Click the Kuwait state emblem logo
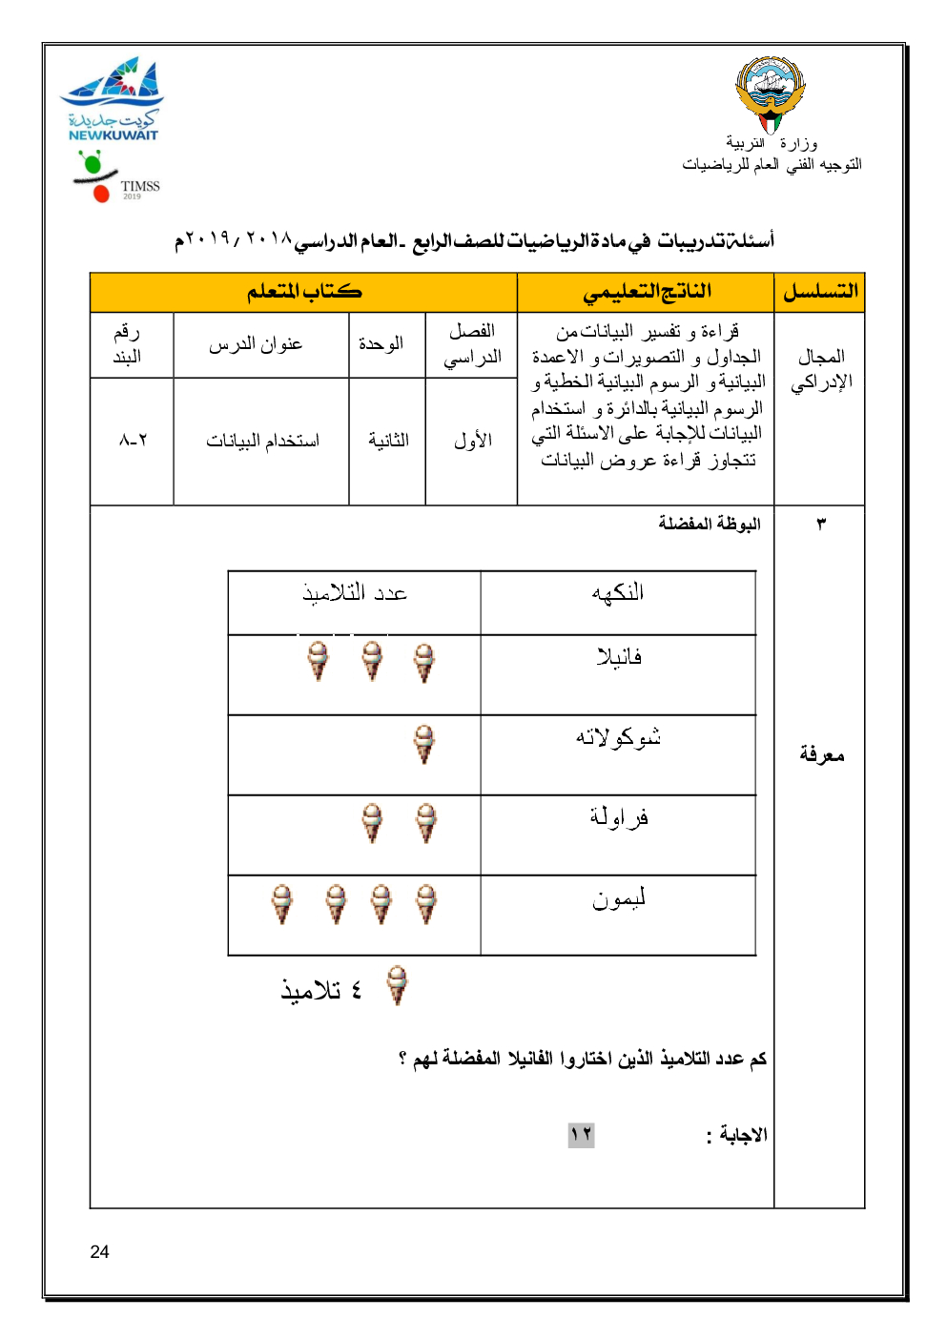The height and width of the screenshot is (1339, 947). tap(771, 93)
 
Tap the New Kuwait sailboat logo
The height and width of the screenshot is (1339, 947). tap(113, 98)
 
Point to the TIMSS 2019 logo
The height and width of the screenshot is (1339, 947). tap(116, 178)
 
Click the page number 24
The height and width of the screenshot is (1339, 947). tap(99, 1252)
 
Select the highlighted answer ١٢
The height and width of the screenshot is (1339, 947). tap(581, 1135)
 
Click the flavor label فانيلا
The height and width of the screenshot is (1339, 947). tap(619, 657)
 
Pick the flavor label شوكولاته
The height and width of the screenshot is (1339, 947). tap(618, 737)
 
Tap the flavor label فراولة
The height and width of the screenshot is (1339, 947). tap(619, 817)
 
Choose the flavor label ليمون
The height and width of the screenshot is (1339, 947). tap(619, 898)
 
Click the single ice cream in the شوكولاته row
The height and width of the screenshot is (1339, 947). tap(424, 744)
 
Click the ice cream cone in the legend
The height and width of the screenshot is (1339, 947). tap(398, 985)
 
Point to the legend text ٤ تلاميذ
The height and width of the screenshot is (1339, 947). tap(321, 991)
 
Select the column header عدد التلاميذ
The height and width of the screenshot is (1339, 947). tap(355, 593)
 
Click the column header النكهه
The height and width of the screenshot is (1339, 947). tap(618, 593)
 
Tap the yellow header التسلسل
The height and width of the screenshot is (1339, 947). tap(820, 292)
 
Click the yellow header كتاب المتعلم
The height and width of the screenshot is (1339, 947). tap(304, 292)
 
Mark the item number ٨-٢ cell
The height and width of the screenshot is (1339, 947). tap(133, 441)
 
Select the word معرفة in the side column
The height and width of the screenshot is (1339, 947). tap(821, 755)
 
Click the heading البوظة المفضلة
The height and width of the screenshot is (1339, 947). tap(709, 524)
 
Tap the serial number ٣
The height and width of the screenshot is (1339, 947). tap(821, 524)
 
